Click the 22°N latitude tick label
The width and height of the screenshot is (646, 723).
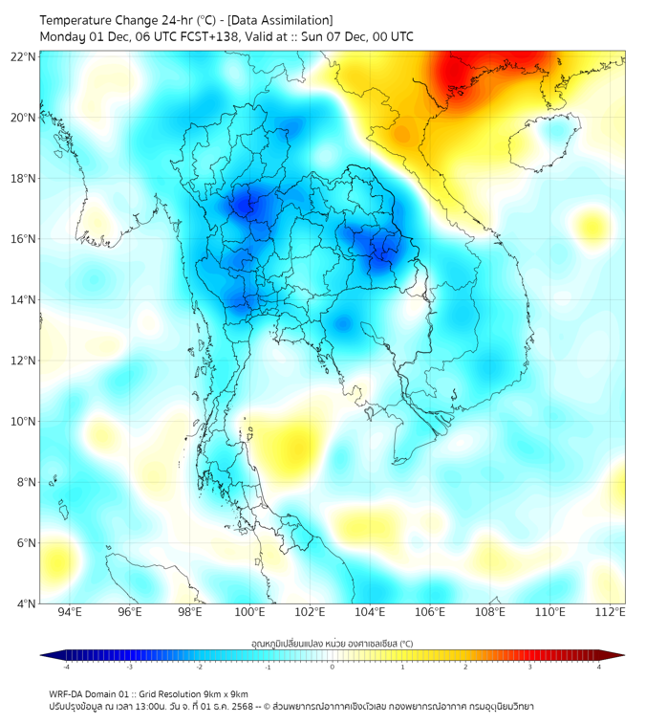23,56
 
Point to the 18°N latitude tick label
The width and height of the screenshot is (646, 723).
23,178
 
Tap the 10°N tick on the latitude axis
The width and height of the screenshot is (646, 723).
23,421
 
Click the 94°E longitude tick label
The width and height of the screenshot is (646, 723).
70,612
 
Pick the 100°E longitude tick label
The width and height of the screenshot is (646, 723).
250,612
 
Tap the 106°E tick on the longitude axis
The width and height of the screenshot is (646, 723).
431,612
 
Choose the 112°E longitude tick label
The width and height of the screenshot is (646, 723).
611,612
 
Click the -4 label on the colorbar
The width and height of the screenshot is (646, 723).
65,667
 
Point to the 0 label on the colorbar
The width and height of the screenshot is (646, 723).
333,667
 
